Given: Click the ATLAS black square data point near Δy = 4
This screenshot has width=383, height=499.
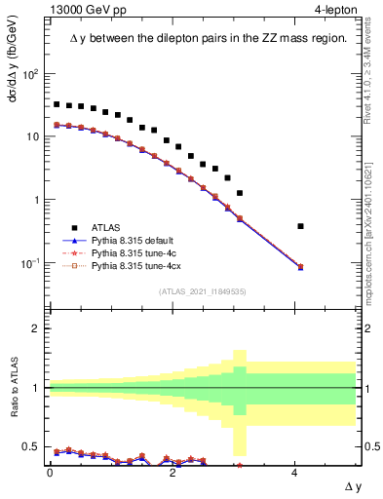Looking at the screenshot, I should (x=300, y=226).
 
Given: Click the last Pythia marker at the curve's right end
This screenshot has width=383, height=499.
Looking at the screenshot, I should (x=300, y=266).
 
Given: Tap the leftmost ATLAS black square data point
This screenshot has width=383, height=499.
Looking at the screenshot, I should (x=57, y=104).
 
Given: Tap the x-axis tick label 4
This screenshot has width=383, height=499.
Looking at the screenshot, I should (x=294, y=472).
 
